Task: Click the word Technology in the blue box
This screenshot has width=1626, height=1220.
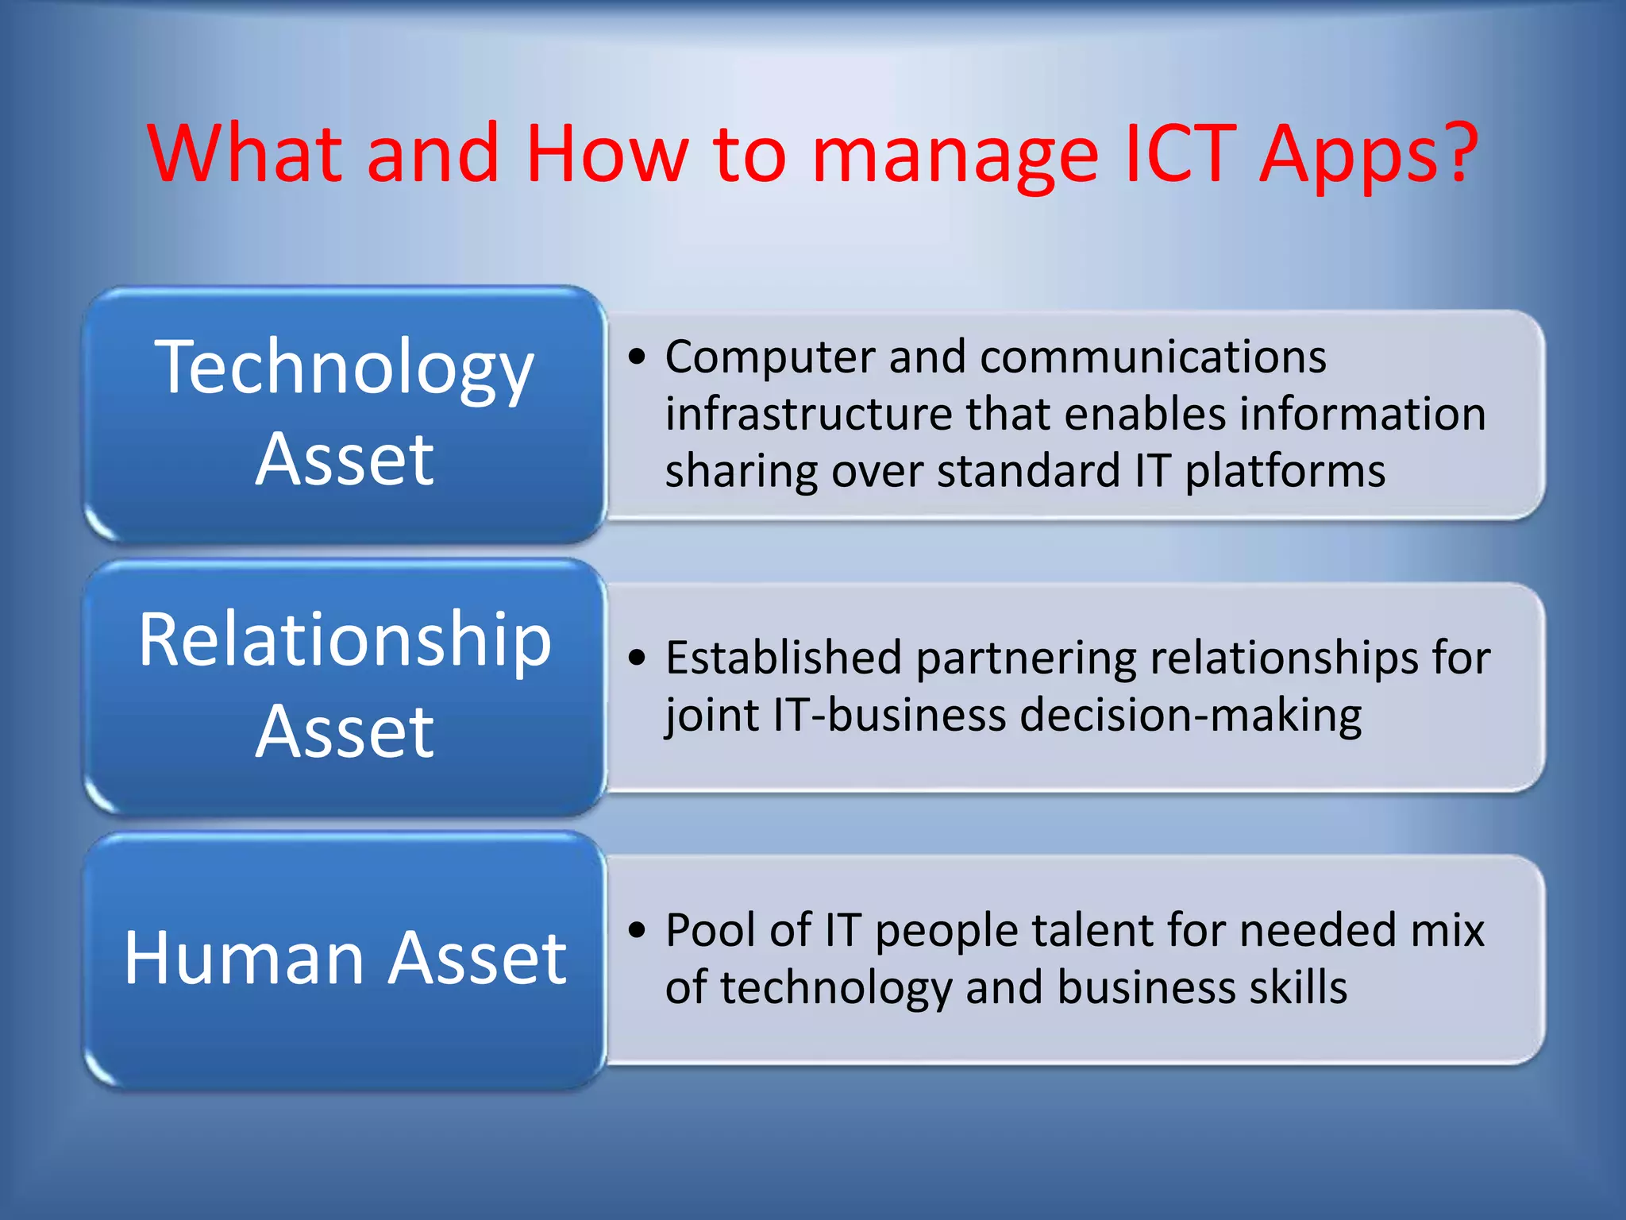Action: coord(344,369)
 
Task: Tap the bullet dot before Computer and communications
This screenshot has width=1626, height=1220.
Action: coord(637,357)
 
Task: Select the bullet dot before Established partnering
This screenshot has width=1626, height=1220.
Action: coord(637,658)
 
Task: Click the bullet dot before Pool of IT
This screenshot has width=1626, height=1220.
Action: coord(637,930)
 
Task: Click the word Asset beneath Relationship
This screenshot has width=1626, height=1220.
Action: coord(345,732)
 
